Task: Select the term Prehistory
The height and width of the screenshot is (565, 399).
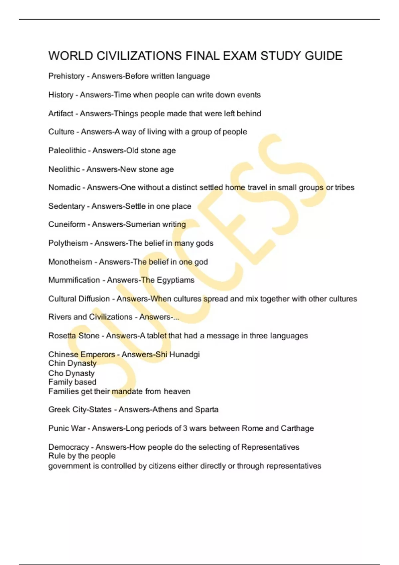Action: (66, 76)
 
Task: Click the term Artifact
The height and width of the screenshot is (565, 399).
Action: (61, 114)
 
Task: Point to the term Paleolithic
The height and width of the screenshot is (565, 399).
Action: (67, 151)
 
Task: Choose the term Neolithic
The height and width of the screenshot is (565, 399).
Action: (64, 169)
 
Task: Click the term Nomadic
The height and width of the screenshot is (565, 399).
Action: (64, 187)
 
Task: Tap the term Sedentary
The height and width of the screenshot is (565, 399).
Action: (66, 206)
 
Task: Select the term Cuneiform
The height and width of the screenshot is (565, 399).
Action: (66, 224)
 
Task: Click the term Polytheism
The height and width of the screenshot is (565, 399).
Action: (68, 243)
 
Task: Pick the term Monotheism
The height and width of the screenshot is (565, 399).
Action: (70, 262)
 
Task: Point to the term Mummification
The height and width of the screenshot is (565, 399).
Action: (74, 280)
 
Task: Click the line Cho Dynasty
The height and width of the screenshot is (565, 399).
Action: (71, 373)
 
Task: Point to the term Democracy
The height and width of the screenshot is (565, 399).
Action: (68, 447)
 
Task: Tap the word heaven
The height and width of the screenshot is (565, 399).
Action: (177, 392)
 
